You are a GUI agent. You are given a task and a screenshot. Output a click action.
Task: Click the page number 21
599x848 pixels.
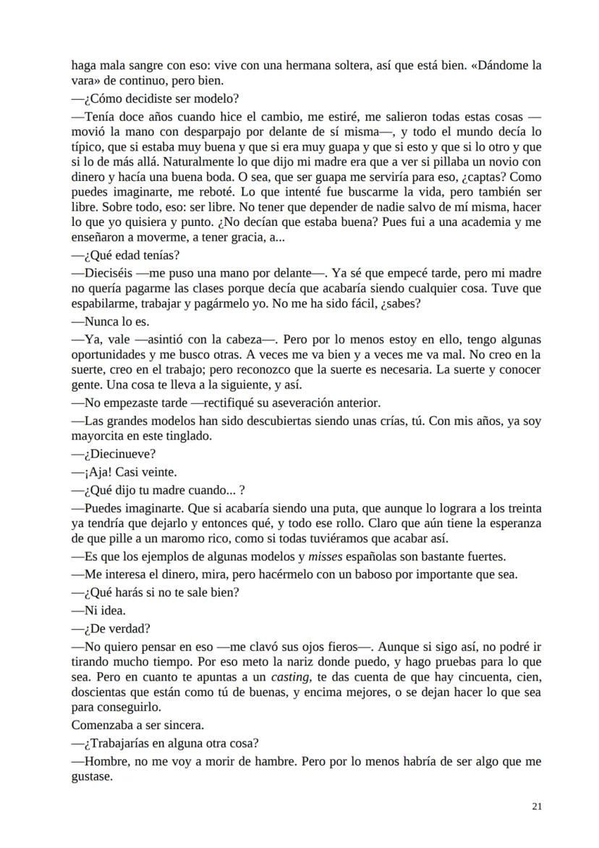point(536,805)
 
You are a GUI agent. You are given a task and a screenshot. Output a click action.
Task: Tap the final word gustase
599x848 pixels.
point(92,776)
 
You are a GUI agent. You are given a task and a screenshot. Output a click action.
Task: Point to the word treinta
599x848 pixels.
point(521,508)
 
